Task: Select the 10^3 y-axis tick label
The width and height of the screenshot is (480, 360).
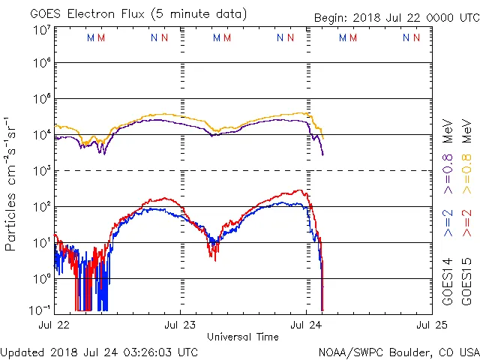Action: coord(42,172)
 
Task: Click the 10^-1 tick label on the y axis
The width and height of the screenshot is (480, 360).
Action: coord(40,310)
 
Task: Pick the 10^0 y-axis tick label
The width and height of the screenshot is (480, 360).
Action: coord(42,279)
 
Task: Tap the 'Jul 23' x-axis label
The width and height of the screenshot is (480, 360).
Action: coord(181,325)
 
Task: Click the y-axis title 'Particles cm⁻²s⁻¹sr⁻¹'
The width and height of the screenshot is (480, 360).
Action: coord(12,184)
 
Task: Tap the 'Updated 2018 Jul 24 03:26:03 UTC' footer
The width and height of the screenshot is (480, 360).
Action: coord(100,352)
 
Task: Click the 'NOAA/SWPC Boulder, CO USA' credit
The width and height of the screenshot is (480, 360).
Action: coord(398,352)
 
